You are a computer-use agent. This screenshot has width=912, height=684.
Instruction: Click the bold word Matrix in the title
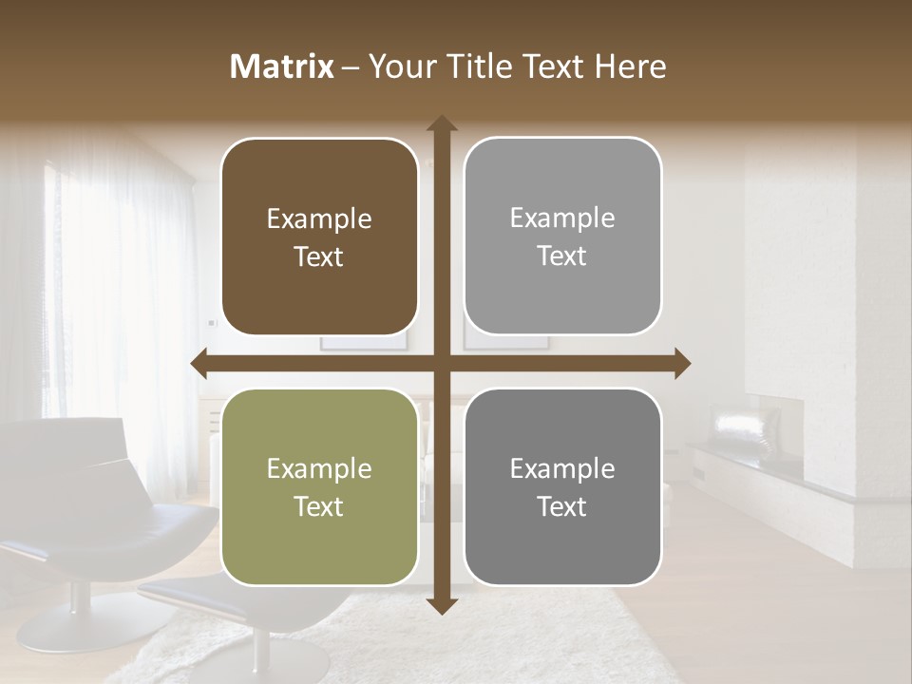click(x=281, y=66)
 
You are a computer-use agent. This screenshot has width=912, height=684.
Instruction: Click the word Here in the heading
click(x=630, y=66)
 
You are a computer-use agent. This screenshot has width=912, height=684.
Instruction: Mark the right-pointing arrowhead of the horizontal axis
click(x=682, y=363)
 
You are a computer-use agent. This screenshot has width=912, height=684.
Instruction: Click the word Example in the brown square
click(x=319, y=219)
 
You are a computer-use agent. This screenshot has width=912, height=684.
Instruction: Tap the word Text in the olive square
click(x=319, y=506)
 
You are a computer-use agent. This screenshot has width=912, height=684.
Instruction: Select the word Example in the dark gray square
click(x=562, y=468)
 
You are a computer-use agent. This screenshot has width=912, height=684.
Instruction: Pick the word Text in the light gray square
click(x=562, y=256)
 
